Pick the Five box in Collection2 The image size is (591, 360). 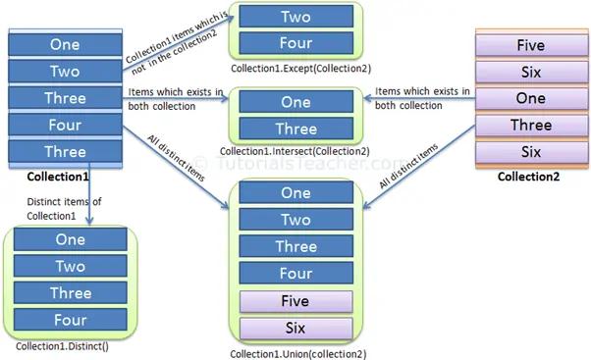tap(530, 45)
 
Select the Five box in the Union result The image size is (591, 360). tap(295, 301)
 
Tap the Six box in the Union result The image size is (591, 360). tap(295, 328)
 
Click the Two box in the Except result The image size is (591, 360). tap(295, 17)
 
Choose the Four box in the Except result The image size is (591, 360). tap(295, 43)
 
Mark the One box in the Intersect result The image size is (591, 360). tap(295, 102)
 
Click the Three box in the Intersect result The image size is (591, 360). tap(295, 129)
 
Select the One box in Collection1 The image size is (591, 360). tap(65, 44)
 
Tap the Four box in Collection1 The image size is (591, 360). tap(65, 125)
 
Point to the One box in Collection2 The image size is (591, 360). tap(530, 98)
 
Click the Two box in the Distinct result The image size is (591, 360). tap(70, 266)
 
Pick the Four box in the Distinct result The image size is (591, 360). tap(70, 319)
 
